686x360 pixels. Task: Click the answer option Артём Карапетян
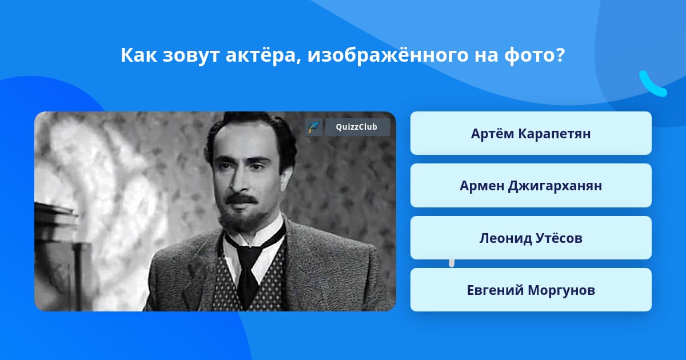531,133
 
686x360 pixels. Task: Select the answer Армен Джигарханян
531,186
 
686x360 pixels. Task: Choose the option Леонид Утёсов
531,238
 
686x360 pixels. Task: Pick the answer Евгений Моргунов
531,290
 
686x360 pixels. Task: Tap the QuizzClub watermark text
357,127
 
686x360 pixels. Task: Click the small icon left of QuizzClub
314,127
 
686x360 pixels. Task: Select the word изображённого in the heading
388,55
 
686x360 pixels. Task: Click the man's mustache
242,199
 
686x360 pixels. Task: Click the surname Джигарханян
555,186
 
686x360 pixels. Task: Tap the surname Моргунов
561,290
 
